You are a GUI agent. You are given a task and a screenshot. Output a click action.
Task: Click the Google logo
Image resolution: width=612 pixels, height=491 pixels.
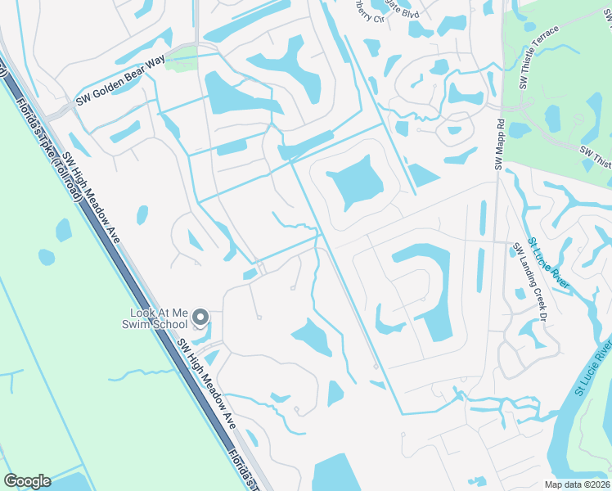[27, 481]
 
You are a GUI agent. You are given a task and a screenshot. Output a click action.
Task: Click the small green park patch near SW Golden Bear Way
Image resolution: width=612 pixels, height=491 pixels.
[182, 60]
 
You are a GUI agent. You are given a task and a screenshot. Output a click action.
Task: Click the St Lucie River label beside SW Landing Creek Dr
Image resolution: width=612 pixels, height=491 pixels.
[547, 263]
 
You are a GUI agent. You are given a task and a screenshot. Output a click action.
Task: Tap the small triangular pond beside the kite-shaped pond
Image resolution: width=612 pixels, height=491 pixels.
[421, 175]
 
